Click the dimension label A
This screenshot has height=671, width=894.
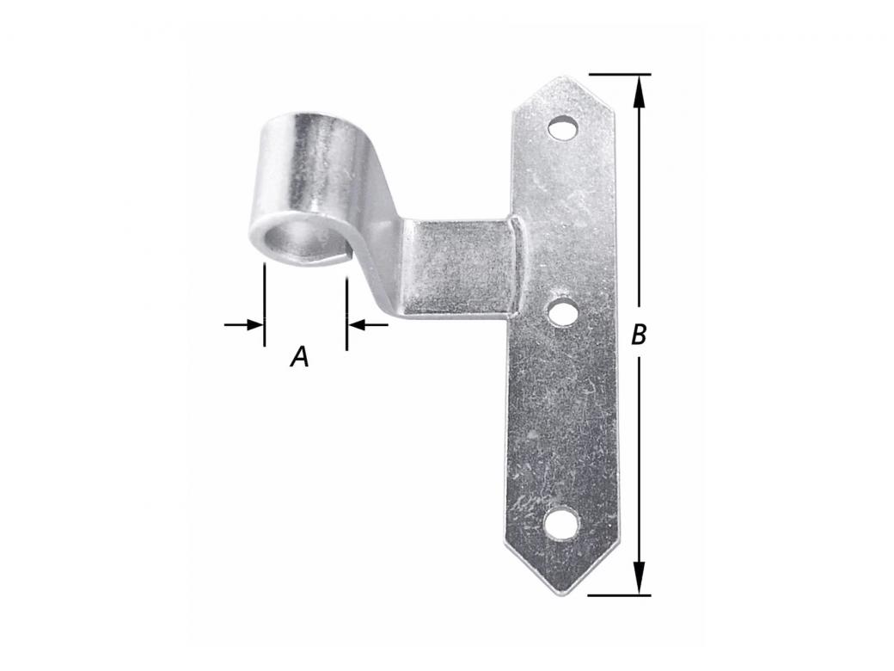(x=299, y=355)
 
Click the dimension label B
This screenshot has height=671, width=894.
(x=638, y=335)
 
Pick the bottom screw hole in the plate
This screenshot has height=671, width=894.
(x=562, y=523)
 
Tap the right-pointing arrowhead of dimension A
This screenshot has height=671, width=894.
(x=255, y=324)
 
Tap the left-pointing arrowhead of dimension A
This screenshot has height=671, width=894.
(x=355, y=324)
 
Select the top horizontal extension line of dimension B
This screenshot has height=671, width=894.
(x=619, y=75)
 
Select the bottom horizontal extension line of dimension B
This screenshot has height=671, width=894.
(x=619, y=594)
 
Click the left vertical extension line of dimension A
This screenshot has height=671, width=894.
(x=264, y=305)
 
